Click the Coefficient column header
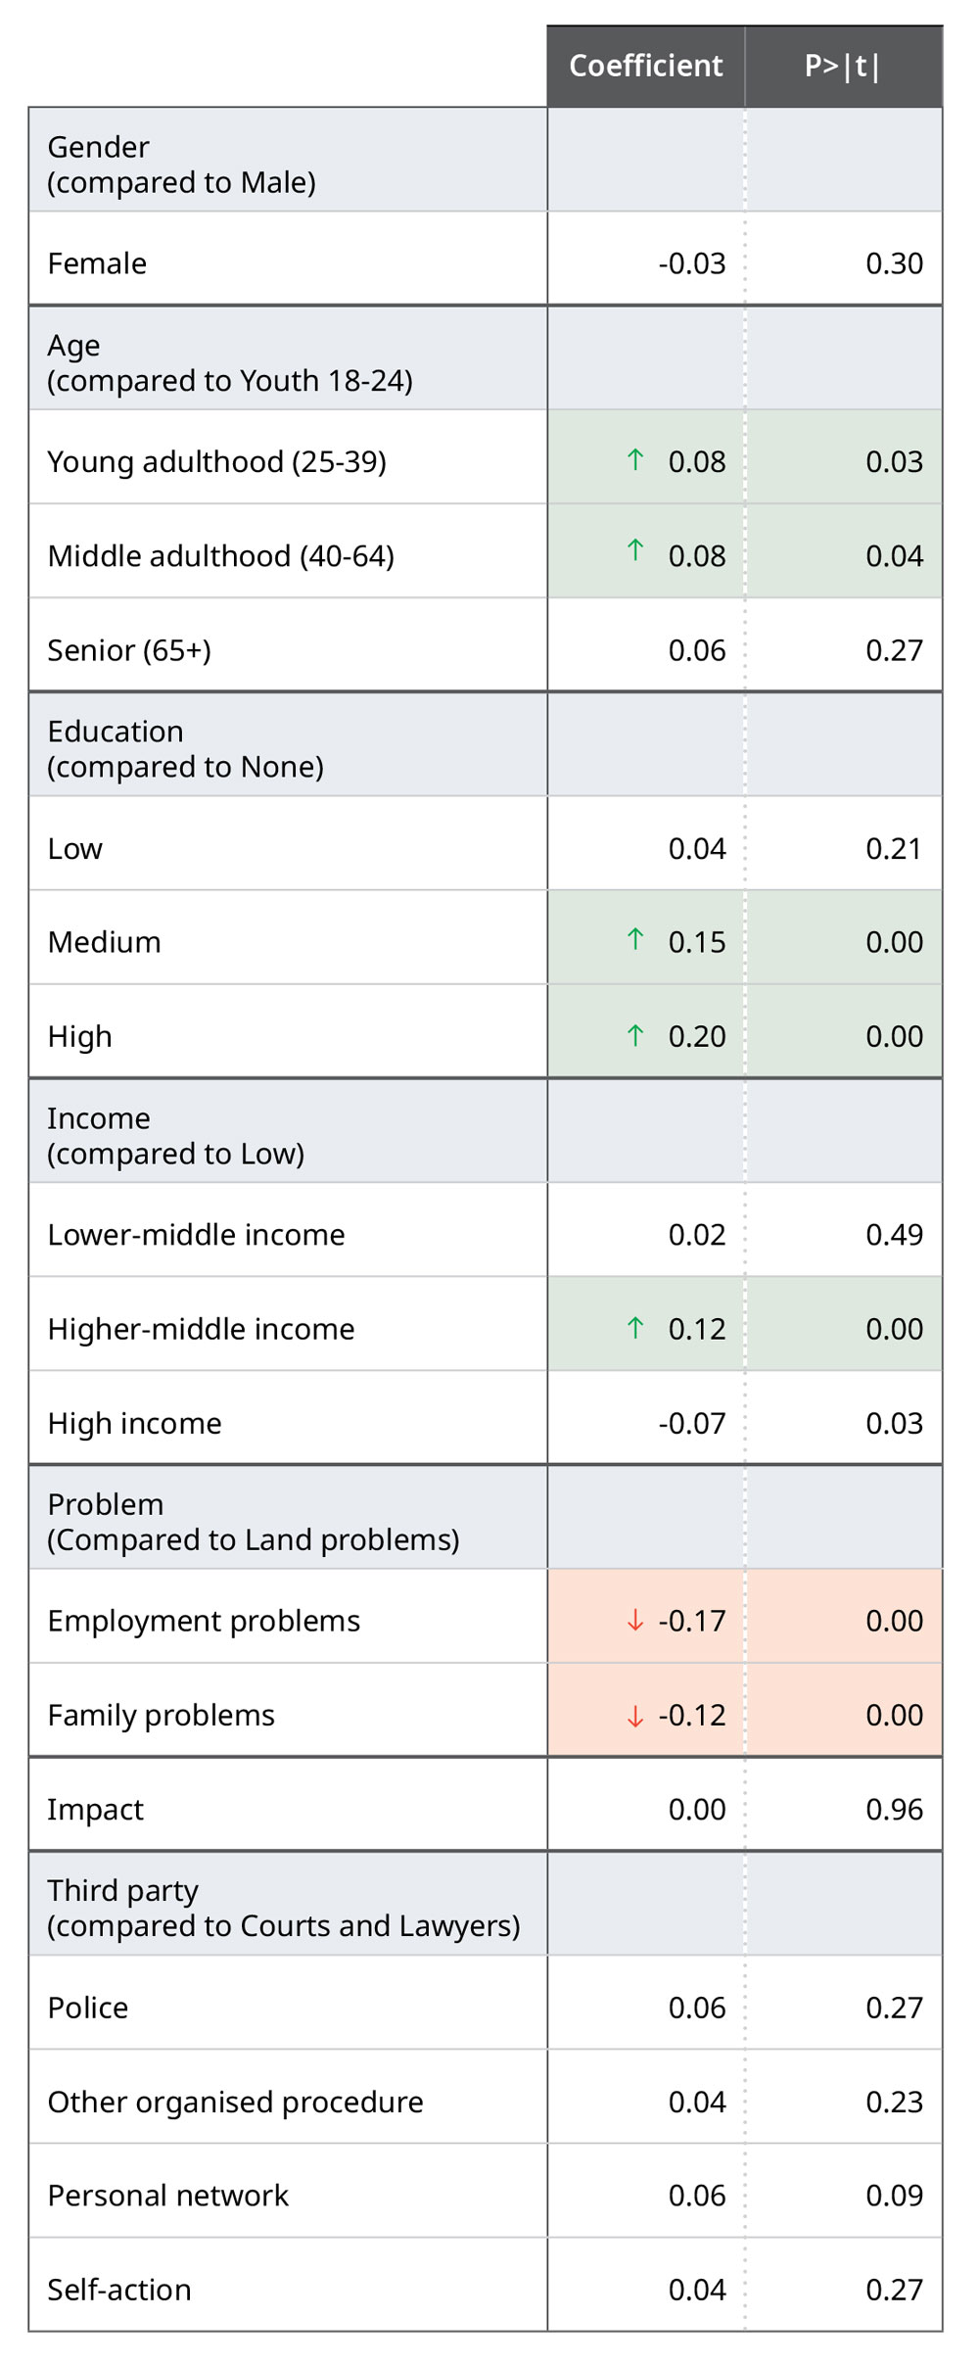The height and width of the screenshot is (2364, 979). pos(645,66)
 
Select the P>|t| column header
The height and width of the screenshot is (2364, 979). pos(842,66)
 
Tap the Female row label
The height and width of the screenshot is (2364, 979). pos(97,263)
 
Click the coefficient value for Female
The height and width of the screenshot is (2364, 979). pos(692,263)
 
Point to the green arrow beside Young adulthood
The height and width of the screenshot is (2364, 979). pos(635,459)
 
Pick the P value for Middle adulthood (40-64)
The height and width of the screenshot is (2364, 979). pos(894,556)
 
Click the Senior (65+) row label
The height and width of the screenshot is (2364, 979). pos(129,650)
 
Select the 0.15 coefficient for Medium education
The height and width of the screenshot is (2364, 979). pos(697,942)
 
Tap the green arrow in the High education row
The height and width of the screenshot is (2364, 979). pos(635,1035)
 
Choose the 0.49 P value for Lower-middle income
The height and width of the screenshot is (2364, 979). pos(894,1235)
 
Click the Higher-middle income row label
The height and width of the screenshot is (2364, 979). pos(201,1329)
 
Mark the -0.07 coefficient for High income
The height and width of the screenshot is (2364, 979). pos(692,1423)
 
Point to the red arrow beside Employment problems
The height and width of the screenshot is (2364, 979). pos(635,1621)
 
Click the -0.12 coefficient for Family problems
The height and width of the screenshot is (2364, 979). pos(692,1715)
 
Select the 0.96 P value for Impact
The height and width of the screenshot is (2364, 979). pos(894,1809)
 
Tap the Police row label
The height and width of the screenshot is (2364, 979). pos(88,2008)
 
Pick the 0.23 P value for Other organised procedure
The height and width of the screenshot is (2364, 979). pos(894,2102)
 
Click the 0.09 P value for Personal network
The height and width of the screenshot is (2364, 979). pos(894,2196)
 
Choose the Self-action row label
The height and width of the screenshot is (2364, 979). pos(119,2290)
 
